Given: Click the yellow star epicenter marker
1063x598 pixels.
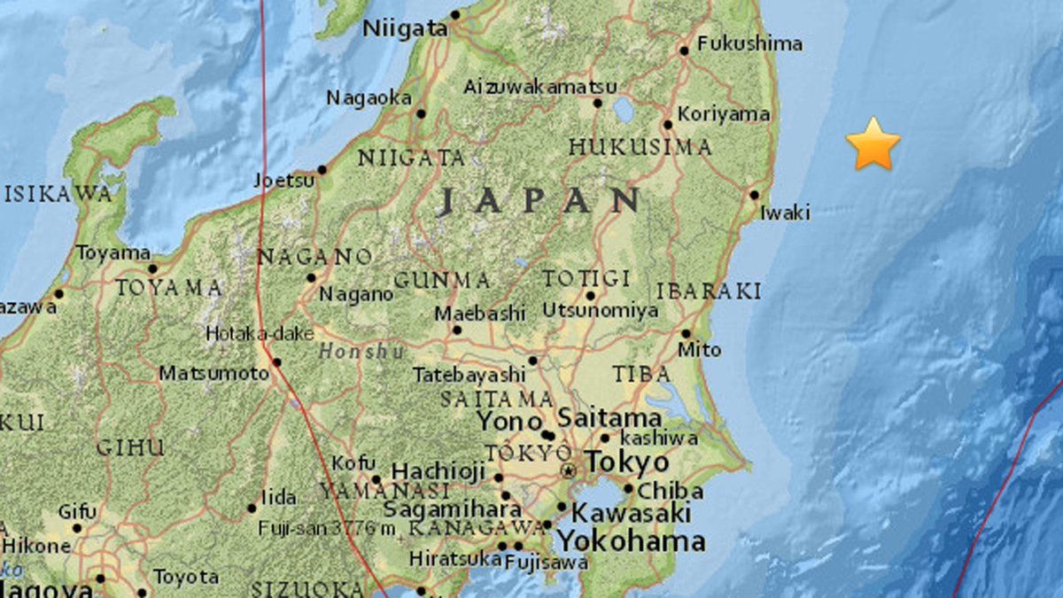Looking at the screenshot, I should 873,144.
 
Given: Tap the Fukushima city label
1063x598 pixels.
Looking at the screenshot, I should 749,43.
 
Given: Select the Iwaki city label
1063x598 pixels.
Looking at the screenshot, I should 785,213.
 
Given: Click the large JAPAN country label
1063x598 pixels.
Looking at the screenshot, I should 539,200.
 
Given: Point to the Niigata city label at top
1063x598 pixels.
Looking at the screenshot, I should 406,29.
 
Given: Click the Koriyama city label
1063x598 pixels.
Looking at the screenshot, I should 724,114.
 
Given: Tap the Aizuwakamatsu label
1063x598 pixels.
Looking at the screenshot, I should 539,87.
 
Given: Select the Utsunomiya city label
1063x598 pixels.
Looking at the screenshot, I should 600,311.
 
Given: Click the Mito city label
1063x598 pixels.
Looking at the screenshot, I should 699,350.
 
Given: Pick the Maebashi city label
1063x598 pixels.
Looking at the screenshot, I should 480,314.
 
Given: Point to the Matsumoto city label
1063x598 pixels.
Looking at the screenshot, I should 213,374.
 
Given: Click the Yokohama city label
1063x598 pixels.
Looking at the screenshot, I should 631,541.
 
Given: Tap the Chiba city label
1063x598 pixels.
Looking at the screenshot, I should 670,491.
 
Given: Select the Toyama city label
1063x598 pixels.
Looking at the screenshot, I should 113,253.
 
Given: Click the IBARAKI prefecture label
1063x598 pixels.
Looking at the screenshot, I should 709,291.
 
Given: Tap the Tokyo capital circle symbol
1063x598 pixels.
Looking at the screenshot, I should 568,470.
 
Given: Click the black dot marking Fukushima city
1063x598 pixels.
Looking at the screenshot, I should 684,50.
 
